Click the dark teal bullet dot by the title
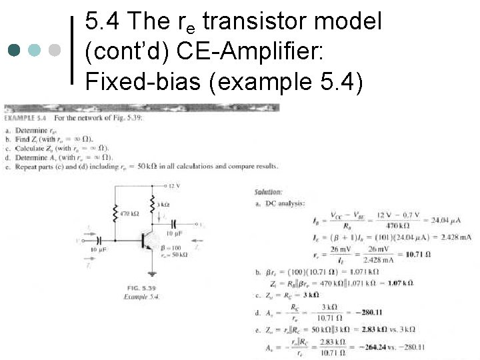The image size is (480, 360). [x=15, y=49]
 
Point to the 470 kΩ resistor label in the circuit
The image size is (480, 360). [x=129, y=214]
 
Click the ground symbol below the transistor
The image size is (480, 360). [x=153, y=272]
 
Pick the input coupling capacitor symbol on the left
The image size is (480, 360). [x=99, y=239]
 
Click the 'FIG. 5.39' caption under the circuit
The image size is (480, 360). [x=140, y=288]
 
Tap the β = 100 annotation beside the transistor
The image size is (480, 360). [x=173, y=247]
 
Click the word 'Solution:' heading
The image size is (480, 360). [x=268, y=192]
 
